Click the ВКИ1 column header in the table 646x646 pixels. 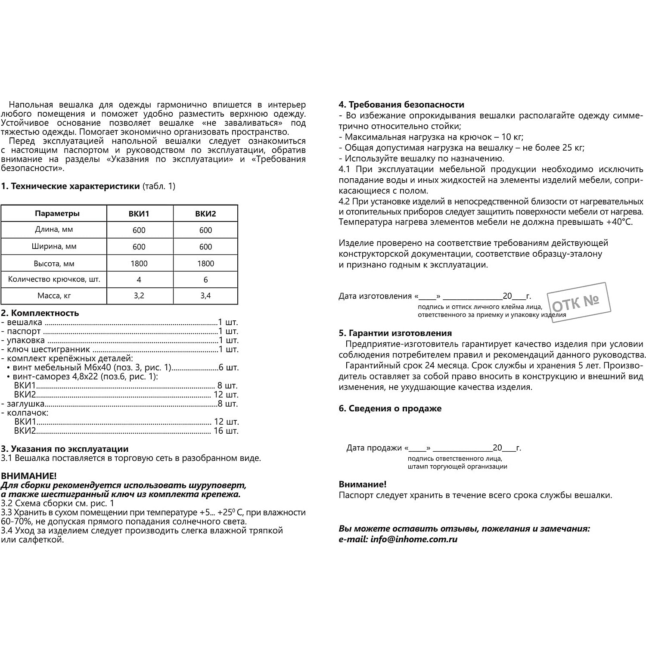[x=139, y=214]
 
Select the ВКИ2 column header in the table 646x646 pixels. [x=205, y=214]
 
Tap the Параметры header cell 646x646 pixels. [x=57, y=214]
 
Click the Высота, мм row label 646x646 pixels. [x=54, y=264]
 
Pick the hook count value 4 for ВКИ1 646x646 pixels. [x=139, y=280]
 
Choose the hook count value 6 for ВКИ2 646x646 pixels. [x=205, y=280]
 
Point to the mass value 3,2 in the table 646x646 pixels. [x=139, y=296]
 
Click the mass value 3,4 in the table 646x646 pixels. [x=205, y=296]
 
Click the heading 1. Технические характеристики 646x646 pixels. [x=70, y=186]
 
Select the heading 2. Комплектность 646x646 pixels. [x=40, y=313]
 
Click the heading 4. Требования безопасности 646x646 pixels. [x=401, y=105]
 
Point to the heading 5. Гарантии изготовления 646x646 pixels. [x=395, y=333]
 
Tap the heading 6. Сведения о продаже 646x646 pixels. [x=390, y=408]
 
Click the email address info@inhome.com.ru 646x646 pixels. [x=413, y=539]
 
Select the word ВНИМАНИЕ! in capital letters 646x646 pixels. [x=28, y=476]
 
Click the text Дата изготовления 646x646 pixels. [x=375, y=296]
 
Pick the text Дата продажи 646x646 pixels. [x=374, y=448]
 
